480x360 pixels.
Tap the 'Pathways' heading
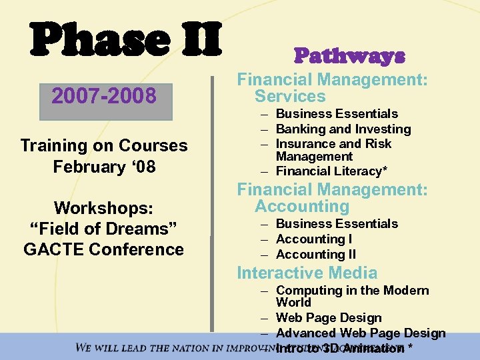coord(349,55)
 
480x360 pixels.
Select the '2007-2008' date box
coord(104,97)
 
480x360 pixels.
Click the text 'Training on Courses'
coord(104,145)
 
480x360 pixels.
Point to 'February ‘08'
coord(104,166)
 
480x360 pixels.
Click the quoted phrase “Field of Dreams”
coord(104,229)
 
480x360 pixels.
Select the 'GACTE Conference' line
coord(104,249)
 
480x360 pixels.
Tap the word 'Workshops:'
coord(104,208)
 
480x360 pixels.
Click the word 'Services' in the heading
coord(290,96)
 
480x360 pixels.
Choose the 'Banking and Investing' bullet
coord(343,129)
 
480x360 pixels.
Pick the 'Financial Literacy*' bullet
coord(331,171)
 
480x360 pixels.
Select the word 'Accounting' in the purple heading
coord(302,207)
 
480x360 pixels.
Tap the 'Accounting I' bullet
coord(314,239)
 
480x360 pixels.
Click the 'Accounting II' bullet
coord(316,254)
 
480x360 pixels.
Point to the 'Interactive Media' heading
coord(307,273)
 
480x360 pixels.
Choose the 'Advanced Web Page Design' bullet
coord(360,333)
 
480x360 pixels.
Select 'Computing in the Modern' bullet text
coord(352,291)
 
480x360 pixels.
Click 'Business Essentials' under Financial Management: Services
coord(337,114)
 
